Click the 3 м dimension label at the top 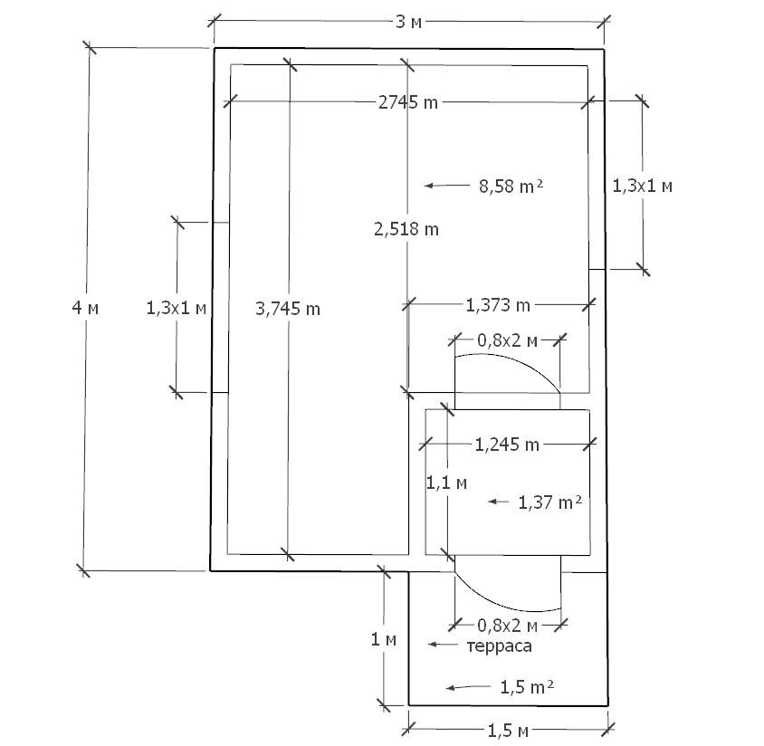pos(408,22)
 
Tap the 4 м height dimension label pos(85,308)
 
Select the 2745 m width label pos(408,102)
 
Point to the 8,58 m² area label pos(511,186)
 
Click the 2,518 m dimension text pos(406,229)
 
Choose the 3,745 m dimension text pos(288,309)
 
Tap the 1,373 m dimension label pos(498,305)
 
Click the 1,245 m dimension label pos(507,445)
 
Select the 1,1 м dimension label pos(447,483)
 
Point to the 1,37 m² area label pos(550,502)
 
